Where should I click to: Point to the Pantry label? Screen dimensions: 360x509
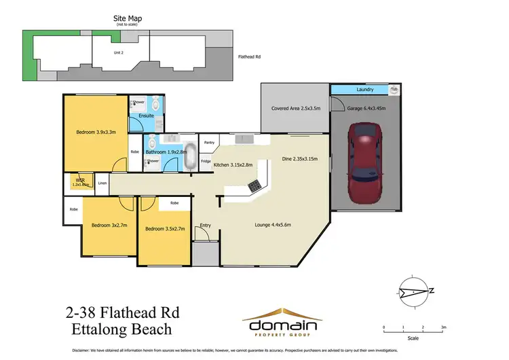point(210,143)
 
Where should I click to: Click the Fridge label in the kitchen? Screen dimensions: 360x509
point(205,161)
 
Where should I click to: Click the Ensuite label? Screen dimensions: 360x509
point(146,116)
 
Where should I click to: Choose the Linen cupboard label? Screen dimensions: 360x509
point(102,183)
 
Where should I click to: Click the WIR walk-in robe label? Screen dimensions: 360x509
point(79,181)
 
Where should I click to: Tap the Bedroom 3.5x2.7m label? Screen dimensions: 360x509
point(165,230)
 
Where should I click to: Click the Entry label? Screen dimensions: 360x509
point(205,225)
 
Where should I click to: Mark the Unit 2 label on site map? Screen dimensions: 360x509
point(117,52)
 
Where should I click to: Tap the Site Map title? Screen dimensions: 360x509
point(128,20)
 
